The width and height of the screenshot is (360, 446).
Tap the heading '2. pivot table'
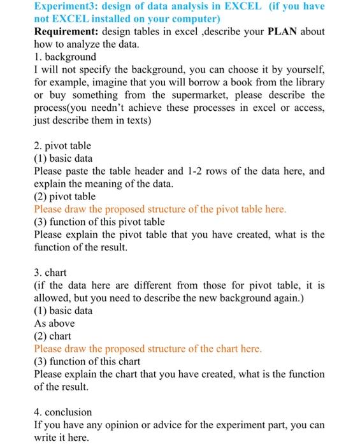point(62,146)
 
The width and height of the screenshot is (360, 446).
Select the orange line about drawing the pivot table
point(160,209)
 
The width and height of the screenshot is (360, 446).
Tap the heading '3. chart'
point(51,273)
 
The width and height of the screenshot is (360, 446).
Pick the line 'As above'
point(54,323)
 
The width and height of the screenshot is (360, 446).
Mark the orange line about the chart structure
point(148,349)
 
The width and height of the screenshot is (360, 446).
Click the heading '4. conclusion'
point(64,411)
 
